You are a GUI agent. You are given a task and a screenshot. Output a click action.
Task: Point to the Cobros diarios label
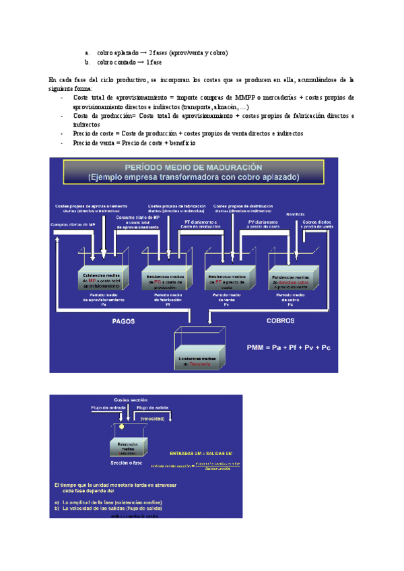click(x=318, y=224)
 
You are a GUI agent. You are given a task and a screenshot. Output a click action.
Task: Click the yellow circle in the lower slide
click(x=122, y=427)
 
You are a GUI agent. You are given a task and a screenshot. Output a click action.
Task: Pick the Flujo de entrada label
click(x=104, y=407)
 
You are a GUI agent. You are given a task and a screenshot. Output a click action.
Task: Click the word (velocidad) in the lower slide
click(x=153, y=417)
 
